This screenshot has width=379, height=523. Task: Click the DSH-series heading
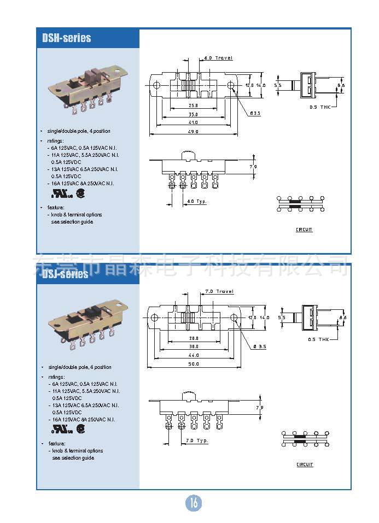[67, 38]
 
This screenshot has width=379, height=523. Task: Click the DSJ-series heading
[65, 274]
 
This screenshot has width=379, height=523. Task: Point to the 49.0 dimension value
[193, 132]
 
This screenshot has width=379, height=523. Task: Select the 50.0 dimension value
[194, 365]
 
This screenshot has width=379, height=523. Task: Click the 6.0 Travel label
[218, 57]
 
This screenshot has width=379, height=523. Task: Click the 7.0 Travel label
[219, 291]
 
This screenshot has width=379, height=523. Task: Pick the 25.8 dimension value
[194, 105]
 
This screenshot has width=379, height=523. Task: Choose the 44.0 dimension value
[194, 355]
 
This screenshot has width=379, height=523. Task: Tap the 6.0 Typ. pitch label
[197, 201]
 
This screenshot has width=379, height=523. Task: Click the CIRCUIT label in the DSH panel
[304, 230]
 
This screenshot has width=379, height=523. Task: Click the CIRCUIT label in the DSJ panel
[305, 465]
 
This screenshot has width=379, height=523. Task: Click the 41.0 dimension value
[194, 123]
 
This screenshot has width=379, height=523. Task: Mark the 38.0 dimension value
[194, 346]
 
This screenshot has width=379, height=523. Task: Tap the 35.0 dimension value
[194, 114]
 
